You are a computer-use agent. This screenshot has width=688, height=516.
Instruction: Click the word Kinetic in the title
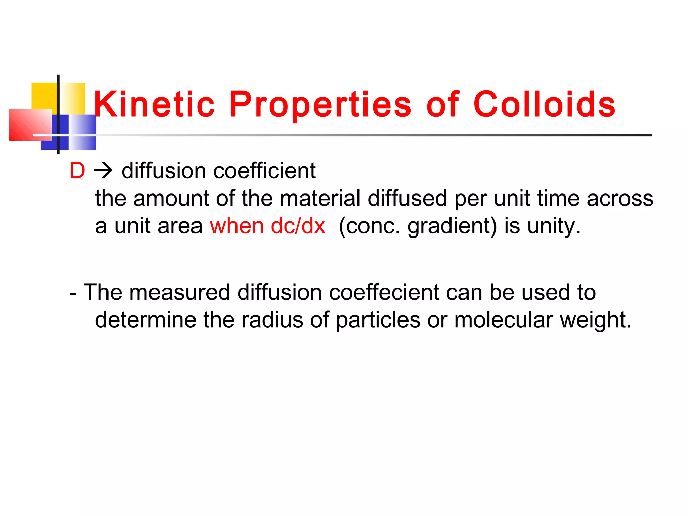point(154,104)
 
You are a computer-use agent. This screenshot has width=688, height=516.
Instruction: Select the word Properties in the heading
point(320,104)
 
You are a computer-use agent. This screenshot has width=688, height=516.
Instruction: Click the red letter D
point(77,171)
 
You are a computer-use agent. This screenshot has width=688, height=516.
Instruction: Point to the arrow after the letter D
point(103,171)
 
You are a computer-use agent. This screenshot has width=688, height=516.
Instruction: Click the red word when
point(237,226)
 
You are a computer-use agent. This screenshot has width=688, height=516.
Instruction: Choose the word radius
point(272,319)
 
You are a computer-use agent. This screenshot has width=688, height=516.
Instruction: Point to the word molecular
point(503,319)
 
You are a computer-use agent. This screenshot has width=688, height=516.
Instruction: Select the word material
point(320,198)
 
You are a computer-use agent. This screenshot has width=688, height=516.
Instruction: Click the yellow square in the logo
point(44,95)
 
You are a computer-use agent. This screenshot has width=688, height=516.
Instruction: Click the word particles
point(378,319)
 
